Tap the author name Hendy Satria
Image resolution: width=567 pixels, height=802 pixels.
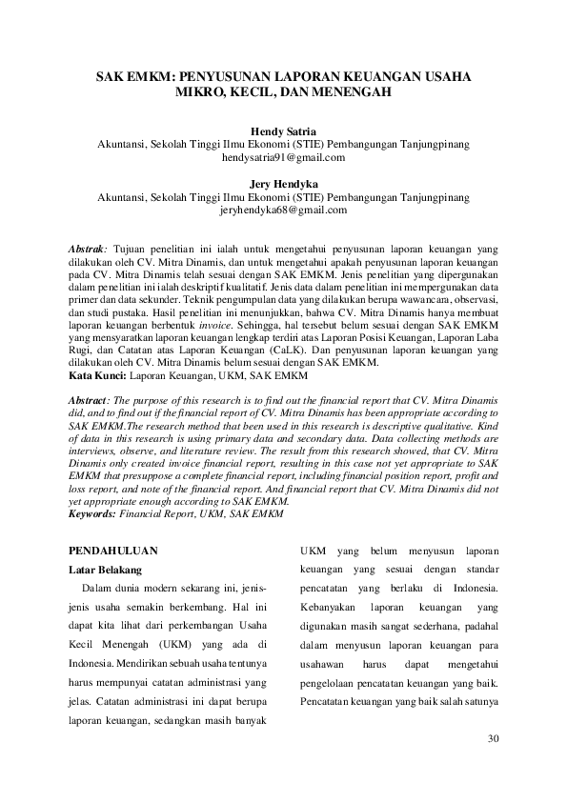point(283,130)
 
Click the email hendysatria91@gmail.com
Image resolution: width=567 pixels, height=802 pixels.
point(283,157)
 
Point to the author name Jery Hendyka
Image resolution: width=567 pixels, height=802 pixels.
point(283,184)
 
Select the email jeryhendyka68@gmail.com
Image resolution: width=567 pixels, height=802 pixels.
point(283,210)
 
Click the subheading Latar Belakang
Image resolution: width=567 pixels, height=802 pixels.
point(105,571)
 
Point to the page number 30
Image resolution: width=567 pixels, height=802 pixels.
point(493,738)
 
